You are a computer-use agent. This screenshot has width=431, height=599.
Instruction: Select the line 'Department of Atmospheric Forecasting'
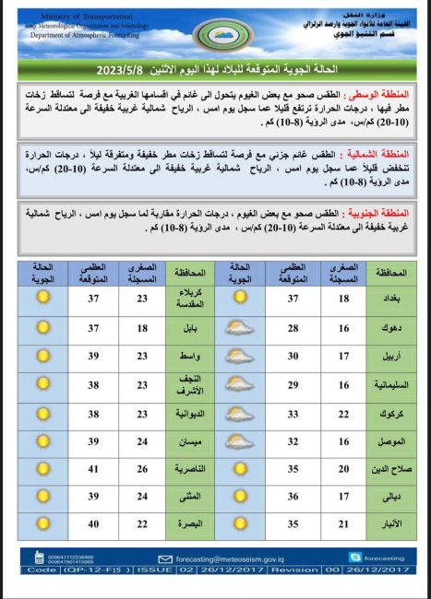84,35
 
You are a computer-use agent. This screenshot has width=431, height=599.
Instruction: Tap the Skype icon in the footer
354,558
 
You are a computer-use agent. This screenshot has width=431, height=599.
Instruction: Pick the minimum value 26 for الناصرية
143,469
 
